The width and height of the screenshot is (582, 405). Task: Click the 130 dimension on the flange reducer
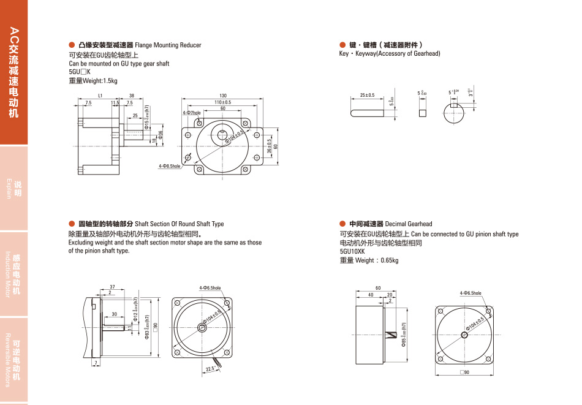223,96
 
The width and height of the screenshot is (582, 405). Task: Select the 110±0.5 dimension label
222,102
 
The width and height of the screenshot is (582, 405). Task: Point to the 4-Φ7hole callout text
192,113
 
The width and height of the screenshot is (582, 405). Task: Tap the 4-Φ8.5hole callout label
170,166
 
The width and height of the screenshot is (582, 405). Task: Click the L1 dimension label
100,96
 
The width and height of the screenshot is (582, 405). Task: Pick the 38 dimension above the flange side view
132,96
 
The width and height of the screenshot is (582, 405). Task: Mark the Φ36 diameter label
161,135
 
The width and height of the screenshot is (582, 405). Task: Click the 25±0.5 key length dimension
368,96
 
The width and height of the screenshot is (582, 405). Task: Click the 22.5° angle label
210,369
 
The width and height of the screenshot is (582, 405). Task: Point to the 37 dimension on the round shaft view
113,287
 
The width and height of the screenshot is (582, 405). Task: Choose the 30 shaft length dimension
115,314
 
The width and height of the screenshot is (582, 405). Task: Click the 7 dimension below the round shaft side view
96,363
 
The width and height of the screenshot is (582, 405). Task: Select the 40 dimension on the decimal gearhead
370,295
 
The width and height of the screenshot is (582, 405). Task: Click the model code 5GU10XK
352,251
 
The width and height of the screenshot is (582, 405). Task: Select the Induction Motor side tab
13,273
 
